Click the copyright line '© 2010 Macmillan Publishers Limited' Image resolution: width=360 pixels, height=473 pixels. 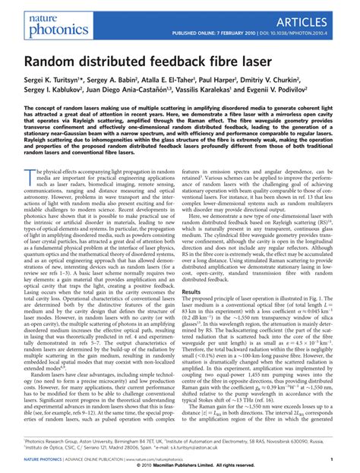pyautogui.click(x=180, y=466)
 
